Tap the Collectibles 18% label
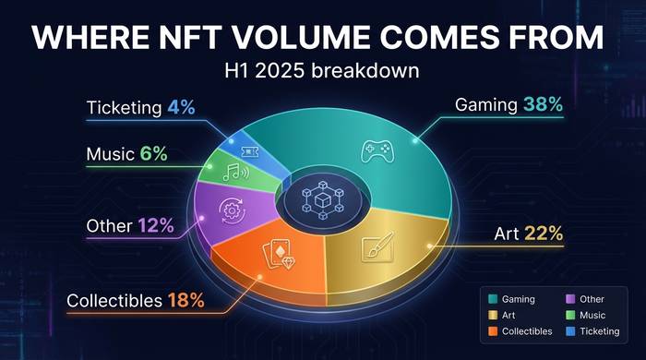click(135, 300)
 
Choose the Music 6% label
click(127, 153)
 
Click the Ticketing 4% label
click(140, 107)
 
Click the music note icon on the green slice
click(233, 172)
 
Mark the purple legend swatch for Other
click(569, 299)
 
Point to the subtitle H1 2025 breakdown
click(323, 71)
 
